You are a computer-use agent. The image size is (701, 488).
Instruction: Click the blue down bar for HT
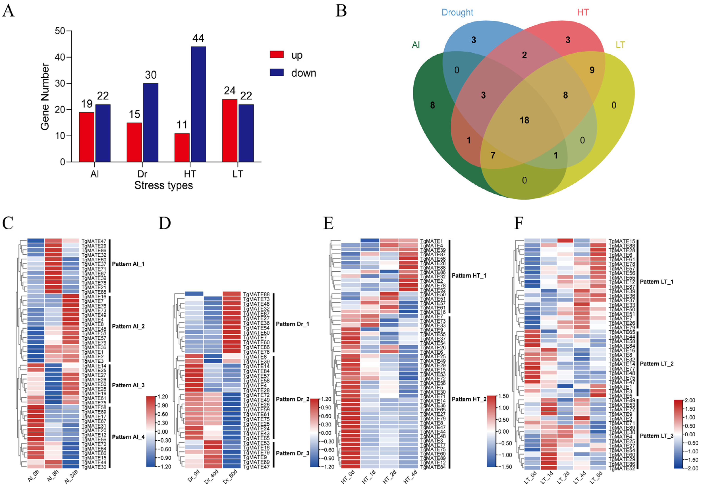coord(198,104)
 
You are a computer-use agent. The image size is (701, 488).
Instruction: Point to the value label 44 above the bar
coord(198,38)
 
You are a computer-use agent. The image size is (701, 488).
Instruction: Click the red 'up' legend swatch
coord(277,55)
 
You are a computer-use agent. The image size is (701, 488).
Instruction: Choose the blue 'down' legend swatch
coord(277,73)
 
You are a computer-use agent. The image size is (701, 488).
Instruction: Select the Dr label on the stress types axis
coord(142,174)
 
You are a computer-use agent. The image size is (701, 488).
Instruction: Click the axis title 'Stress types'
coord(164,185)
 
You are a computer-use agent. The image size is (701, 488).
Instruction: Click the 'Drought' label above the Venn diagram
coord(457,13)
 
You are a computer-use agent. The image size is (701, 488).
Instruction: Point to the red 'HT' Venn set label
coord(583,13)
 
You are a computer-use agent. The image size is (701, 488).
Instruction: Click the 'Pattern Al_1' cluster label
coord(128,264)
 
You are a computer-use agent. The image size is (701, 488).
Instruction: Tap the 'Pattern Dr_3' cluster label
coord(292,453)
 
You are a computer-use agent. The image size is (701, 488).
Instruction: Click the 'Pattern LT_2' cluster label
coord(656,364)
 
